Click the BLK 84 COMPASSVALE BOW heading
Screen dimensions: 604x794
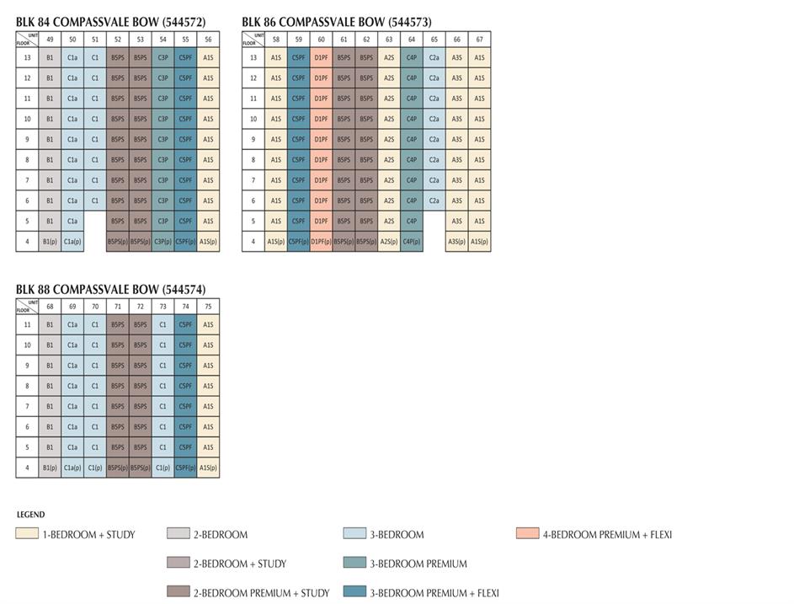point(110,22)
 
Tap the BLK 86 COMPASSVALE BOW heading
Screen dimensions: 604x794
point(336,22)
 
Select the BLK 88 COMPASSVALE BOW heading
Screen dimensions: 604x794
point(110,290)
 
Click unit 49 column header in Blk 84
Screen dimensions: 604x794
point(50,39)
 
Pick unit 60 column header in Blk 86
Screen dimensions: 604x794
point(321,39)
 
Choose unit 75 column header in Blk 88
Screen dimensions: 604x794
point(208,307)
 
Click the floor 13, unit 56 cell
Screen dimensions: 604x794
point(208,58)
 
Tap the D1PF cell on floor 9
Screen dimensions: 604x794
point(321,140)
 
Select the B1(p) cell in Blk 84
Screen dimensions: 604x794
point(50,242)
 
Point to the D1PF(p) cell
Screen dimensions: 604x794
point(321,242)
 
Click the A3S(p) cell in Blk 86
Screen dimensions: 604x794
point(456,242)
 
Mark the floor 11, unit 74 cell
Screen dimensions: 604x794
point(185,324)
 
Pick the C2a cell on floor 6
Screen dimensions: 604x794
point(434,200)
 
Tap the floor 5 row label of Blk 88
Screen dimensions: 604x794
point(27,447)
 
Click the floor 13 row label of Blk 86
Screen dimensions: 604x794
point(253,58)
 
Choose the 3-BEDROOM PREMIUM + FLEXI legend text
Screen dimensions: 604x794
point(434,593)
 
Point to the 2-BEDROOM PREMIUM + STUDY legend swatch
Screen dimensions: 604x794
point(178,593)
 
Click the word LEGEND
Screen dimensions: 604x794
point(30,515)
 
